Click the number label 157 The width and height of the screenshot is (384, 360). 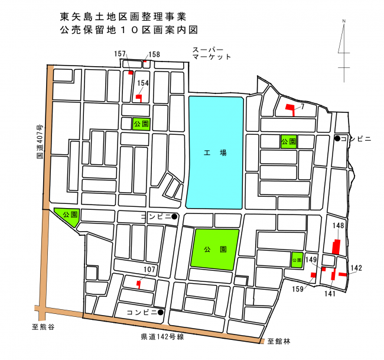tap(121, 54)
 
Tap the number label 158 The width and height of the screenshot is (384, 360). tap(154, 54)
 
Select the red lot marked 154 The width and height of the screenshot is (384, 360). tap(139, 98)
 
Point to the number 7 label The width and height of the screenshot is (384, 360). tap(302, 106)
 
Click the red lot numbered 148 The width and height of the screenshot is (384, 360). tap(336, 247)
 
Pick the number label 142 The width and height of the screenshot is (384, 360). tap(356, 268)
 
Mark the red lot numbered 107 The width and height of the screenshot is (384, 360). tap(138, 284)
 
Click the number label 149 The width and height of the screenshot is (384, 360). tap(311, 260)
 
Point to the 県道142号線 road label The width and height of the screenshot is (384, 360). tap(163, 337)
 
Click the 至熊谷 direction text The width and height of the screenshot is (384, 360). tap(43, 326)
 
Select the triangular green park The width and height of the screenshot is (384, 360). tap(67, 216)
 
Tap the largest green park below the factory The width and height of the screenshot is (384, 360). tap(214, 249)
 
